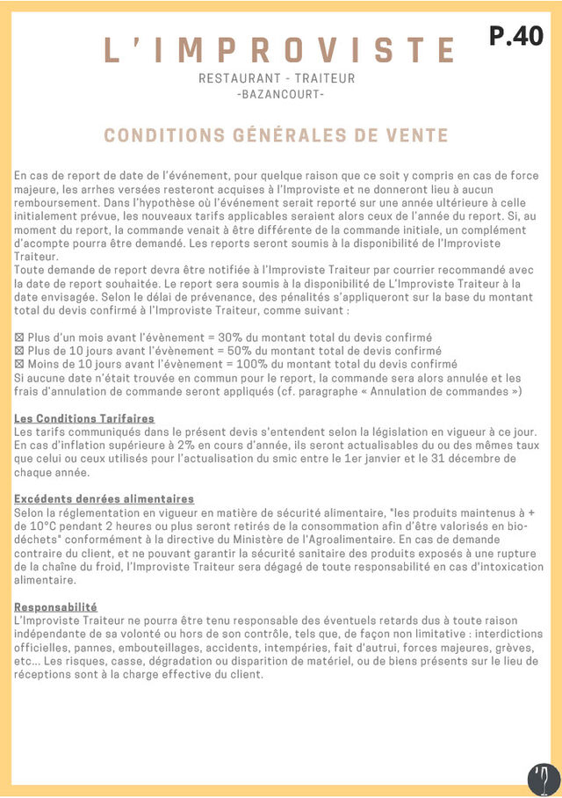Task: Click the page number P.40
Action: click(x=516, y=36)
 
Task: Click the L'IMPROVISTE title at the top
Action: click(x=280, y=49)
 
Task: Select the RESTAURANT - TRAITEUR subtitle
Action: click(x=277, y=78)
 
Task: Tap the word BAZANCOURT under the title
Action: click(x=280, y=94)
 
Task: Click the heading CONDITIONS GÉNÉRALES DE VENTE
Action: click(x=276, y=135)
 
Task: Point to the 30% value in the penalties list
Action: click(x=230, y=337)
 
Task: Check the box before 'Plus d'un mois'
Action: click(x=19, y=337)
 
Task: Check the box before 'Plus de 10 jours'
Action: click(x=19, y=351)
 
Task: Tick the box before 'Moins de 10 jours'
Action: click(x=19, y=363)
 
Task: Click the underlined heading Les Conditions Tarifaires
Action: click(x=84, y=418)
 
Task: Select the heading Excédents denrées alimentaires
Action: click(x=104, y=498)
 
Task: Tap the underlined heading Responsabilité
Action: click(x=55, y=607)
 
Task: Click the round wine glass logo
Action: click(x=544, y=780)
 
